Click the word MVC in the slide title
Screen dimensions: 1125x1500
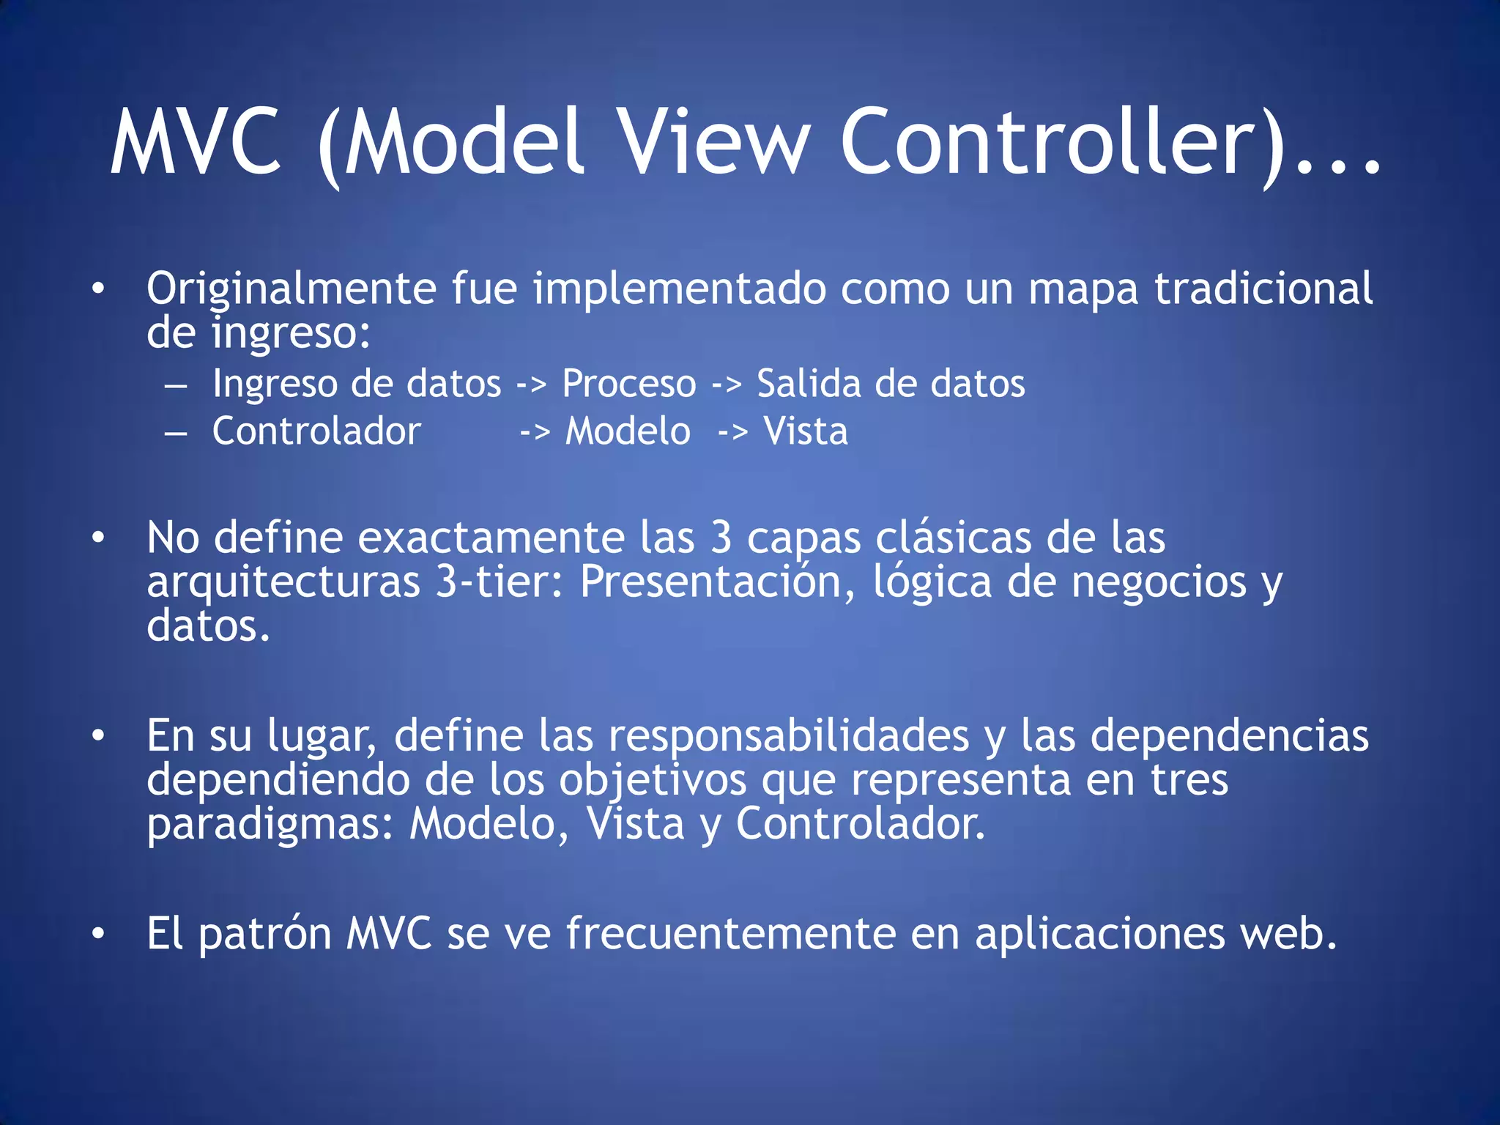[196, 142]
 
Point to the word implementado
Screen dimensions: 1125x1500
[679, 288]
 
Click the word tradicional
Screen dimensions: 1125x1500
[1263, 288]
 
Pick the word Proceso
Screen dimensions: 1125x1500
[629, 384]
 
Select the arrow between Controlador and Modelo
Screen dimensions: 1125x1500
[535, 432]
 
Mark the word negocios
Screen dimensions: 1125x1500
[1159, 582]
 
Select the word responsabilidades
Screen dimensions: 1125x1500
[789, 735]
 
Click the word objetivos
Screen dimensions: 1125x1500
[652, 781]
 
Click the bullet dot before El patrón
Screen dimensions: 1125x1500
[98, 935]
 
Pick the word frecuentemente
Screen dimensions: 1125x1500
[730, 935]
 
